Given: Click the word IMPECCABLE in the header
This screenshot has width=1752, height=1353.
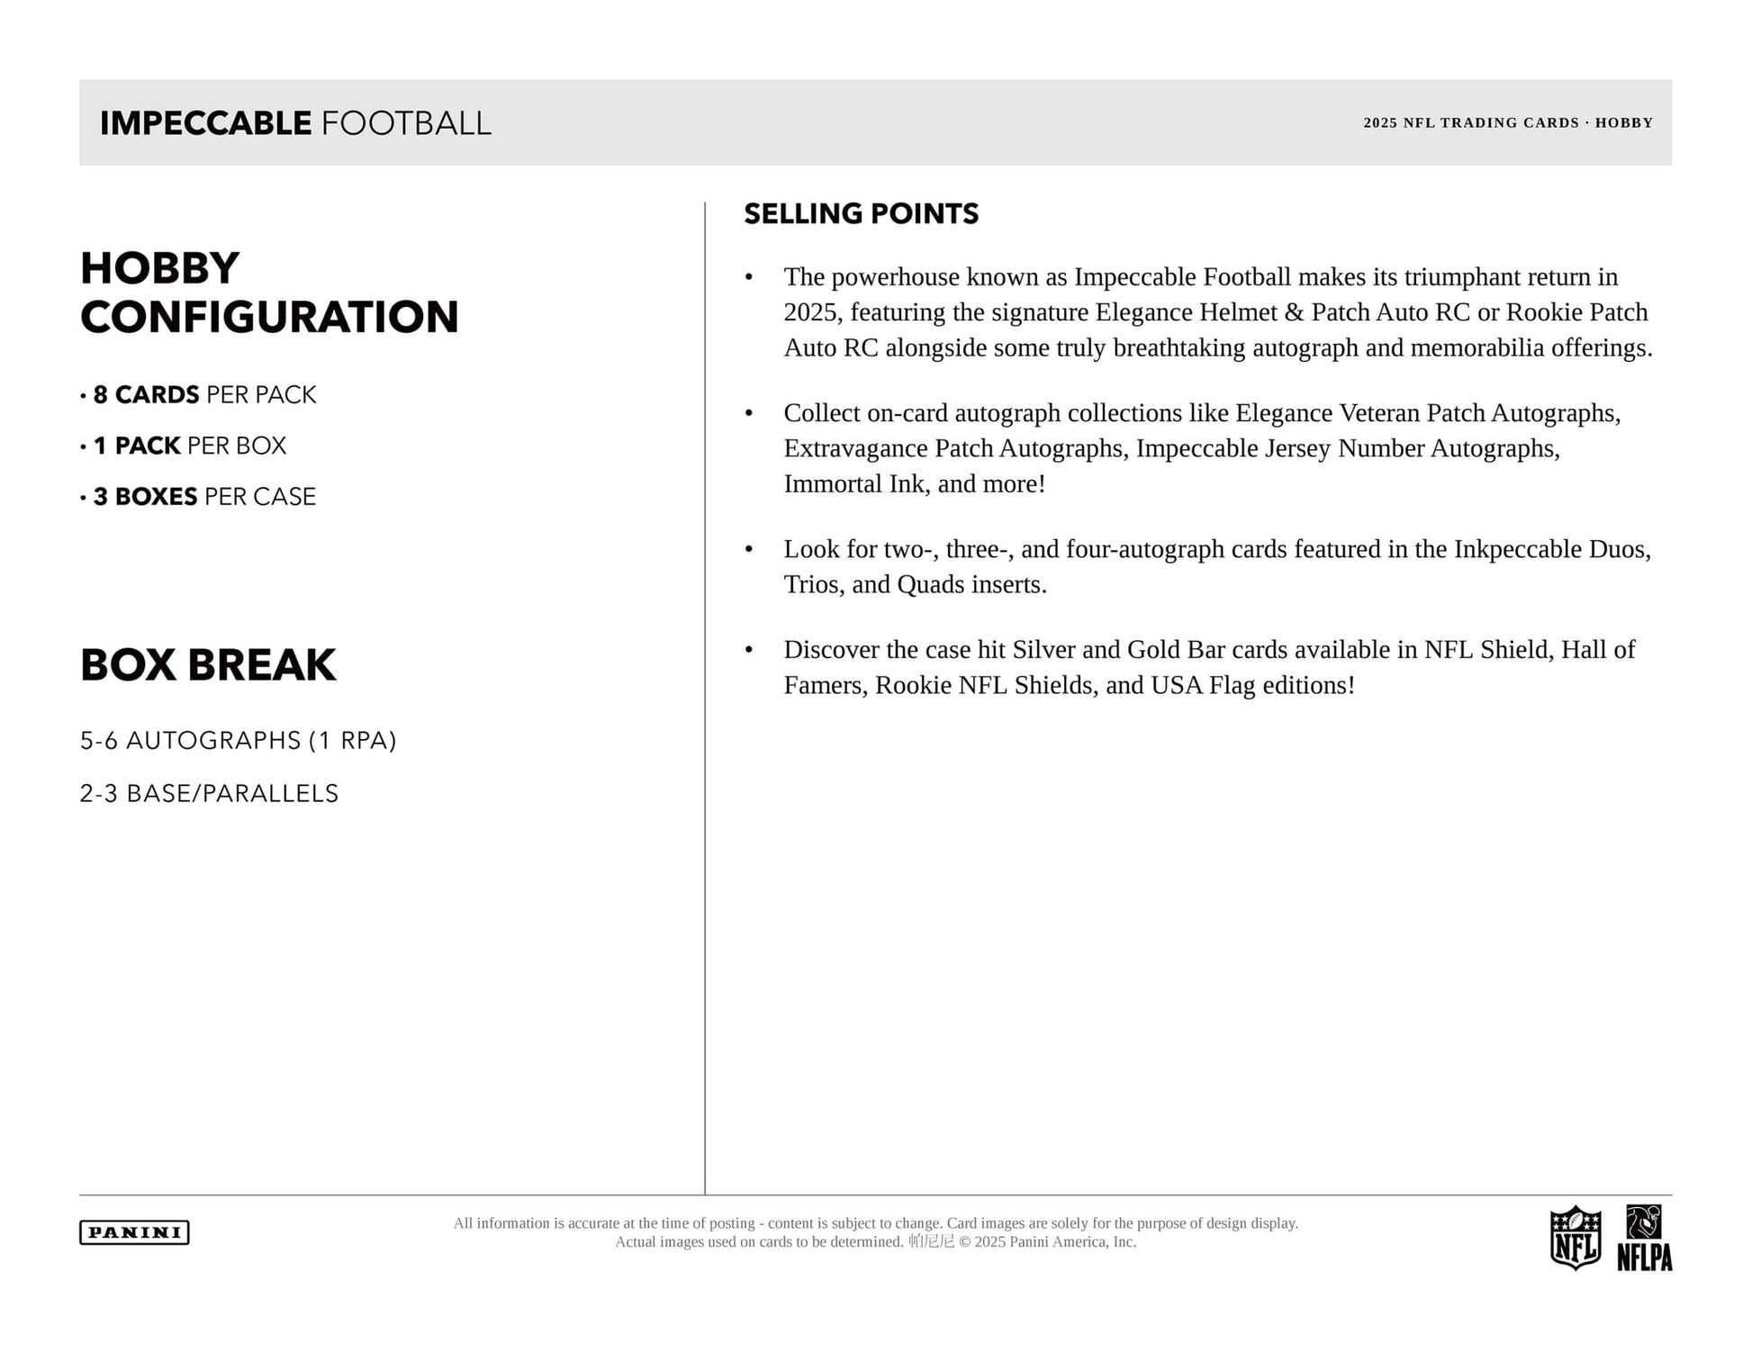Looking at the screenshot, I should pyautogui.click(x=205, y=123).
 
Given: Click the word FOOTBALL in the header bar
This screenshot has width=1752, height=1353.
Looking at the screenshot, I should pyautogui.click(x=406, y=123).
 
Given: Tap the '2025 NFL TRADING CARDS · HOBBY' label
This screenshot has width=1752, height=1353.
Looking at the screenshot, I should pyautogui.click(x=1507, y=122).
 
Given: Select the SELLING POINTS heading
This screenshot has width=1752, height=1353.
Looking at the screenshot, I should pyautogui.click(x=861, y=213).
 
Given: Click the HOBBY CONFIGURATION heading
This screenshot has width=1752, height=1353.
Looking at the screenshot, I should pyautogui.click(x=269, y=293).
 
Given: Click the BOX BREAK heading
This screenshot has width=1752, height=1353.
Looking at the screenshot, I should pyautogui.click(x=208, y=665).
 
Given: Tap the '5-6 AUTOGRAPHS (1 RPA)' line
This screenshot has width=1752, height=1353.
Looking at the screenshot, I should pyautogui.click(x=238, y=740).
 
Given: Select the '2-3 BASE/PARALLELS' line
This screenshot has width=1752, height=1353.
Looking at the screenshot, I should pyautogui.click(x=209, y=793).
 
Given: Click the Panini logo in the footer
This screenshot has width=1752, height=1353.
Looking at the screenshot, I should pyautogui.click(x=134, y=1232).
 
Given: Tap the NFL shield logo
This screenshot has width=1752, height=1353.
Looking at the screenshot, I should pyautogui.click(x=1575, y=1238).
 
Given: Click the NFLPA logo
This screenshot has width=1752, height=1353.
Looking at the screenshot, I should pyautogui.click(x=1644, y=1238).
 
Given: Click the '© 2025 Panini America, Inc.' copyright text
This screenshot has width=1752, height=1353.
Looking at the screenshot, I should pyautogui.click(x=1047, y=1242).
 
